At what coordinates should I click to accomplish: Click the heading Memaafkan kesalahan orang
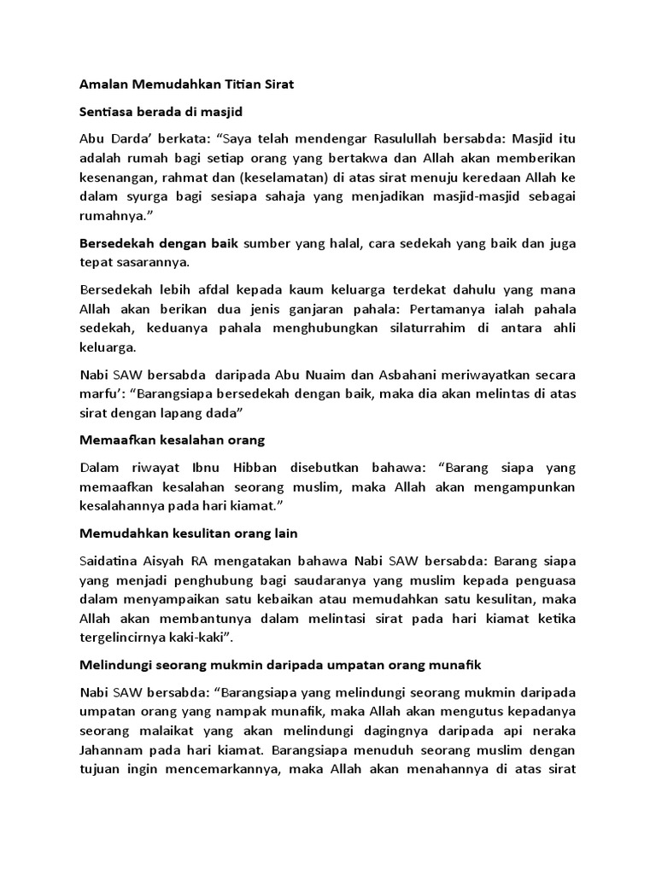click(x=172, y=440)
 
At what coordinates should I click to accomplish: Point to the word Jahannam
click(x=114, y=731)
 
